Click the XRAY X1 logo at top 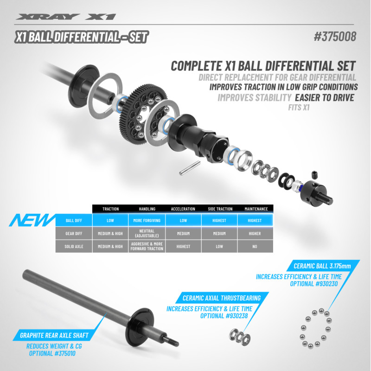point(65,17)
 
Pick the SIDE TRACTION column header point(219,209)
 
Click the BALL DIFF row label point(73,220)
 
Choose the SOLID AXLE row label point(73,246)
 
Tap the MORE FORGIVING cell point(147,220)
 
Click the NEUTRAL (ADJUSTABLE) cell point(147,233)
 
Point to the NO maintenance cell point(255,246)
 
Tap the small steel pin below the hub point(189,168)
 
